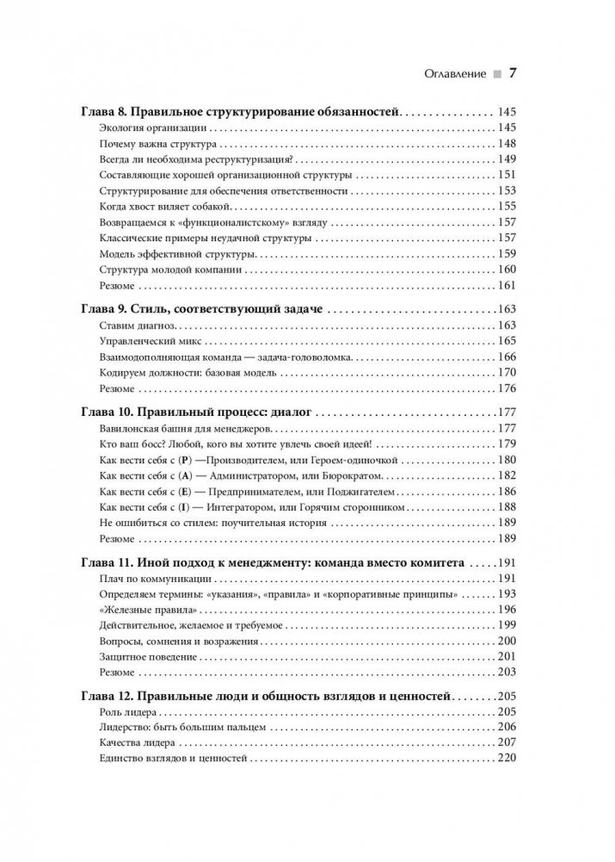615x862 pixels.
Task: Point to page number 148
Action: pos(505,144)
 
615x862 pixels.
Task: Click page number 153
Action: pos(505,191)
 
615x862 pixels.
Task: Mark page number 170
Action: pos(505,373)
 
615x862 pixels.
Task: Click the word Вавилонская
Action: pos(132,429)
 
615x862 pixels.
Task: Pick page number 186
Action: pos(505,492)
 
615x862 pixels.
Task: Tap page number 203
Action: pos(505,673)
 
